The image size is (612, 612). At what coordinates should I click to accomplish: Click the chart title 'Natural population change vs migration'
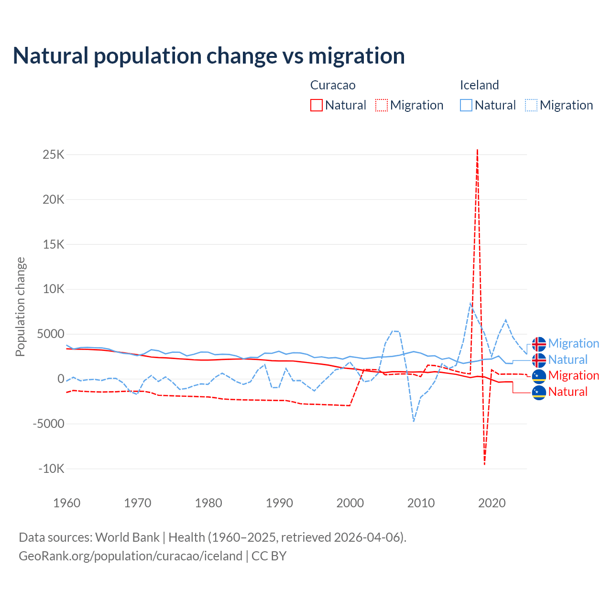point(208,56)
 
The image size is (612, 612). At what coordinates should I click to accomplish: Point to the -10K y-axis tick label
point(52,469)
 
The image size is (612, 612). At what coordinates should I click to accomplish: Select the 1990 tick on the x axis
point(279,503)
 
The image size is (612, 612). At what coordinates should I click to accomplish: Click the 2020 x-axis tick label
point(492,503)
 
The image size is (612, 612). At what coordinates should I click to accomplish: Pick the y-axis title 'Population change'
point(20,307)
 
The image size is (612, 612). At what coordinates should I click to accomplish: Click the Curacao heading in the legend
point(333,85)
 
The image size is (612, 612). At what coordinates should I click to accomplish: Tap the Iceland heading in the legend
point(479,85)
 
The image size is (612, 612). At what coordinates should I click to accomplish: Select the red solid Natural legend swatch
point(317,105)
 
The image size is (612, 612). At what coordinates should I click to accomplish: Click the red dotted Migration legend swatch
point(382,105)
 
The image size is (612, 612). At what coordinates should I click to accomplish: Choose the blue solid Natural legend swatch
point(466,105)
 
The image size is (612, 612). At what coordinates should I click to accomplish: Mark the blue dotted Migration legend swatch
point(531,105)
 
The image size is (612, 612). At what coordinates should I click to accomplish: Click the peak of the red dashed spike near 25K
point(477,150)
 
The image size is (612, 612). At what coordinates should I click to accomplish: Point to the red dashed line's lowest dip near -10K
point(484,464)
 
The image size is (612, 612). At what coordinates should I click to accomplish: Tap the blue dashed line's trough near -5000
point(414,421)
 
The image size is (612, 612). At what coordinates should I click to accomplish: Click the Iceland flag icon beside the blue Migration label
point(539,344)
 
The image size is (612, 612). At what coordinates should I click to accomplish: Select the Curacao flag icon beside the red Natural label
point(539,392)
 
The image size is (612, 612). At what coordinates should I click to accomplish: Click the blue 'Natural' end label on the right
point(568,360)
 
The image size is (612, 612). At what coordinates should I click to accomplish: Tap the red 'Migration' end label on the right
point(573,375)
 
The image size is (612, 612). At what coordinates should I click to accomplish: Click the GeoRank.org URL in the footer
point(131,556)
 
